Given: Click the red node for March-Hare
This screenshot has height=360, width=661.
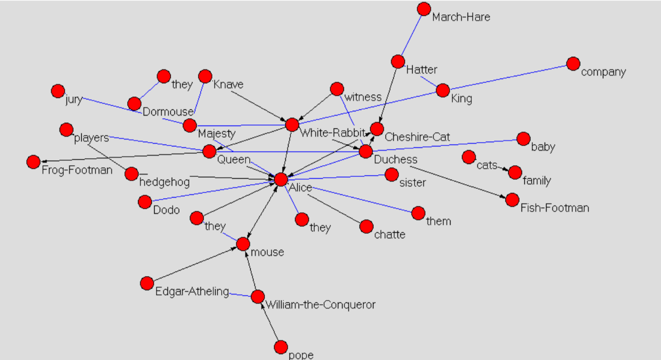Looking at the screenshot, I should point(424,9).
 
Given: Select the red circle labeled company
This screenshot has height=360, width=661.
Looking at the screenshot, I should point(573,64).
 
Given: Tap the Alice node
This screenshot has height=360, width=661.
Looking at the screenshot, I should point(281,179).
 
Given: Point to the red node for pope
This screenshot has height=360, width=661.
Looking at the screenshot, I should point(281,347).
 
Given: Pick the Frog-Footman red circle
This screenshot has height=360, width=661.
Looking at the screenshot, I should point(34,162).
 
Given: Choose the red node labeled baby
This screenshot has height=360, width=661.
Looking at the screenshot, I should point(523,139).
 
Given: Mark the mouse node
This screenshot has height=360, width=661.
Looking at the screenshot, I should point(243,244).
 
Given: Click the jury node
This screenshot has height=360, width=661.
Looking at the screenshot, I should point(58,91).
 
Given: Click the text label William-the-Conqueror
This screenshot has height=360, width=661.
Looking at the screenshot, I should point(320,305).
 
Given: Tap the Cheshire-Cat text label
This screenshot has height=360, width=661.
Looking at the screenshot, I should point(417,137).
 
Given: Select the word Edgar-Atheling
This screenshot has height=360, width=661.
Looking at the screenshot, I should point(192,292).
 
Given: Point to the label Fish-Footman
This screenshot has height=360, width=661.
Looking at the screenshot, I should point(554,208).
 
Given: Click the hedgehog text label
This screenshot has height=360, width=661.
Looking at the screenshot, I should point(164,182).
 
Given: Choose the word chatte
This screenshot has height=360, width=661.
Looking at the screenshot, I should point(390,235).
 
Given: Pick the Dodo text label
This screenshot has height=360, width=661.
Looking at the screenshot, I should point(166,210).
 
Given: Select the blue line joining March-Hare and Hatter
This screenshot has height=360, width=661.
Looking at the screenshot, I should point(411,35).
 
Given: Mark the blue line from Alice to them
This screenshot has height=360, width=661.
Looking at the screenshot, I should point(362,199).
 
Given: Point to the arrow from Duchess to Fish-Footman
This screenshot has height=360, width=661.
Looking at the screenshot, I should point(460,182).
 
